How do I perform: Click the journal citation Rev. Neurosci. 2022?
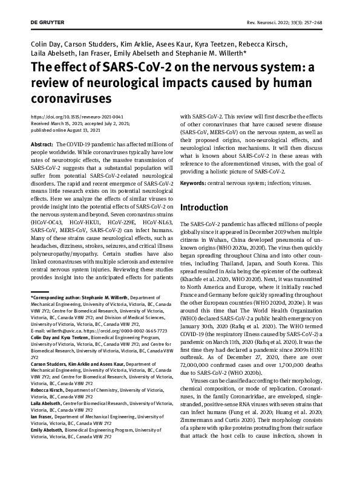[x=280, y=22]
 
